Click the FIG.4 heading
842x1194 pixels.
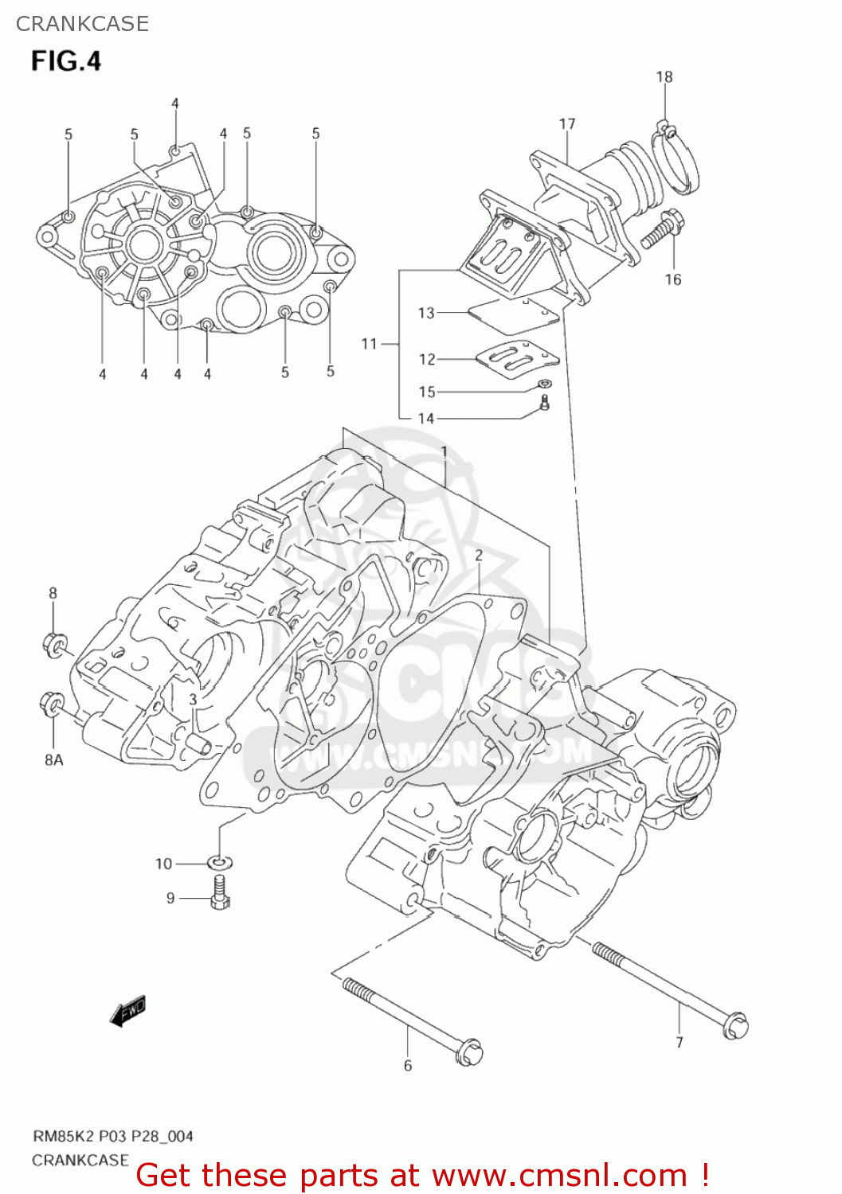point(66,61)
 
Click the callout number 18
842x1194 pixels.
point(664,77)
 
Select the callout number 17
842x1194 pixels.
point(567,124)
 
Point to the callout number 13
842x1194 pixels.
point(427,313)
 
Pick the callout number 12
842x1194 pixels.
point(428,360)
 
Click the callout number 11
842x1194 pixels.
point(369,344)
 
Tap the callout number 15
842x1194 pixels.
point(428,392)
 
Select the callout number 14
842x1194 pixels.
point(426,419)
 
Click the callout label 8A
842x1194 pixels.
point(53,760)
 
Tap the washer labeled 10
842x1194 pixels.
point(220,862)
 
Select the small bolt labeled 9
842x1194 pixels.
point(220,894)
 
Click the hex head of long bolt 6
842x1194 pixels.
point(469,1052)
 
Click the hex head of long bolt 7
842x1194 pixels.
point(735,1026)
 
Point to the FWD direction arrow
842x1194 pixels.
point(127,1011)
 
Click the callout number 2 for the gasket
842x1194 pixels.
point(479,556)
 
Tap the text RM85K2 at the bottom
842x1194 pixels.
point(63,1136)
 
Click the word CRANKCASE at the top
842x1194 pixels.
point(82,24)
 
